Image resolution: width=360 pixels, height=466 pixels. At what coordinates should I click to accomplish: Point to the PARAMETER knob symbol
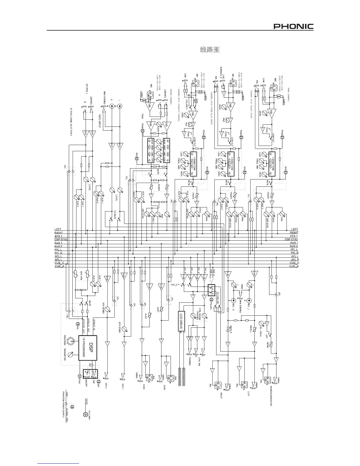71,355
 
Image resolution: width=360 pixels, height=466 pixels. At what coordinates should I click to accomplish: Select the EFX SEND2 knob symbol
107,309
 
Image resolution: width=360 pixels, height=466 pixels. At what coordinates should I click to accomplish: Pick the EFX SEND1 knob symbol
125,329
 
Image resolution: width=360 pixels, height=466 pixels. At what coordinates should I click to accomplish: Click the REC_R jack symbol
234,301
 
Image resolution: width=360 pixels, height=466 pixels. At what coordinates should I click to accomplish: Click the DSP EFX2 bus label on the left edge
61,239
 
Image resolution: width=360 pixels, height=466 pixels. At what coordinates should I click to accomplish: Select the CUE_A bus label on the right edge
294,266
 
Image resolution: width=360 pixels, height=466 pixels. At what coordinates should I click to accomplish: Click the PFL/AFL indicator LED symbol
211,299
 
